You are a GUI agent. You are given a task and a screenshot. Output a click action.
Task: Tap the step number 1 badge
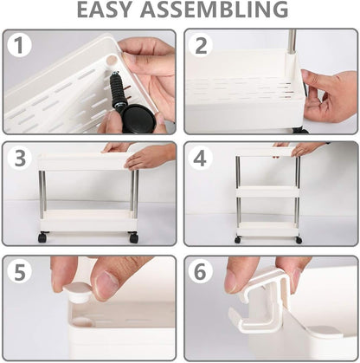tap(19, 46)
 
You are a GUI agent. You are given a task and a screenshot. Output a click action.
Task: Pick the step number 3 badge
tap(19, 159)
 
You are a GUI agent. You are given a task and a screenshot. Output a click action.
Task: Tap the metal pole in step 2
tap(292, 41)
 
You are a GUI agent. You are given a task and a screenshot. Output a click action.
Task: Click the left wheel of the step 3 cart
tap(42, 237)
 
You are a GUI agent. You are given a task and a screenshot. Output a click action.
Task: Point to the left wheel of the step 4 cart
tap(237, 239)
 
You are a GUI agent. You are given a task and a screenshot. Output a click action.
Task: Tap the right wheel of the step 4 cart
tap(299, 239)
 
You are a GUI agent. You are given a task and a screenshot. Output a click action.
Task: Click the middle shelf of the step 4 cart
tap(267, 191)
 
